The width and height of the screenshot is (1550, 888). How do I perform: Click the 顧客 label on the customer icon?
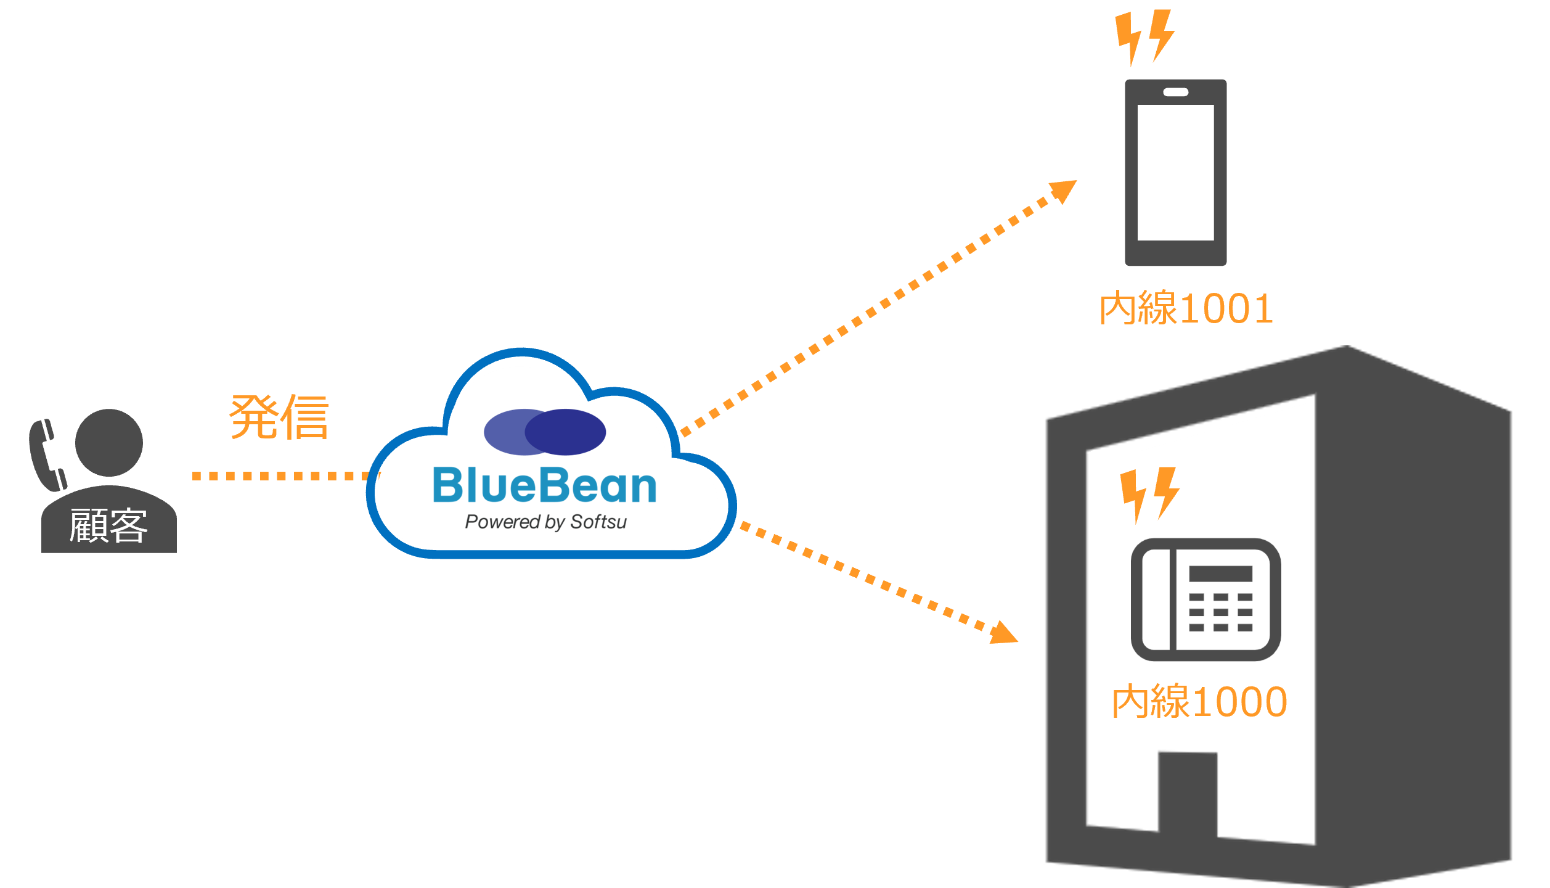click(x=108, y=526)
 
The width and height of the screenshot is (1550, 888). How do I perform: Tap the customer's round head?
click(x=109, y=442)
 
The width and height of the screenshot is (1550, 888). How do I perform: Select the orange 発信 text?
click(x=279, y=417)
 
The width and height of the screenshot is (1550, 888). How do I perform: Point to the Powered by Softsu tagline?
click(x=545, y=522)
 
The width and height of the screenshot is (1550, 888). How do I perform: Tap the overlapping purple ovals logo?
click(x=545, y=432)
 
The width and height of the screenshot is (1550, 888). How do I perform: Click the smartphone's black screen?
click(x=1175, y=173)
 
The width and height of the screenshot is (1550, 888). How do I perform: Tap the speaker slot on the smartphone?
click(x=1175, y=92)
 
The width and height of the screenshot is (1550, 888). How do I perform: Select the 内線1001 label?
click(x=1186, y=308)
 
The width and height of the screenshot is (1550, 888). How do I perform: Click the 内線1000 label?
click(x=1199, y=702)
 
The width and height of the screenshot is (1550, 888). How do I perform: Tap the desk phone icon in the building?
click(x=1205, y=599)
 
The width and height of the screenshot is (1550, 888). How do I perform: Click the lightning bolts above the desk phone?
click(x=1149, y=494)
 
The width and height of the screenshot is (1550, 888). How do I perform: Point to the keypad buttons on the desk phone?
click(x=1220, y=612)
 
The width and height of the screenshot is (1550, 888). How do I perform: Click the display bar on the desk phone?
click(x=1220, y=573)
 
